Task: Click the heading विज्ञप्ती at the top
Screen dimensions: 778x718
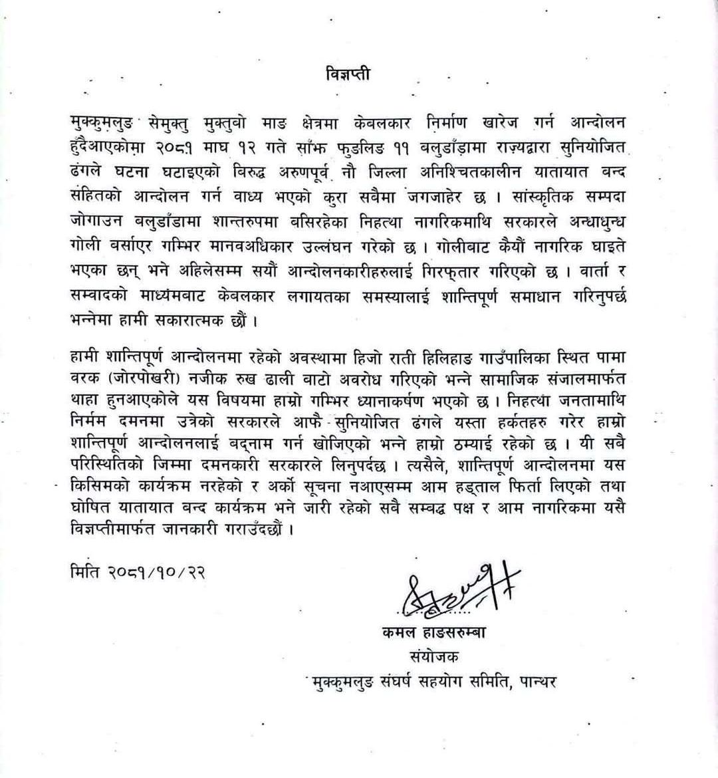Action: click(348, 73)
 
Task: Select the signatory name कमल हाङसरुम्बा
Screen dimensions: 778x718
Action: click(433, 633)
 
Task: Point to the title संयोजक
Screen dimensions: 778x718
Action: click(435, 657)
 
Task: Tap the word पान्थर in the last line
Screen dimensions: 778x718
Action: click(535, 682)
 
